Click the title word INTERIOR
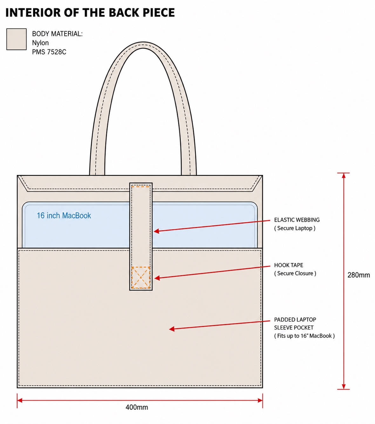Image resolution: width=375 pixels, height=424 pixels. pyautogui.click(x=33, y=12)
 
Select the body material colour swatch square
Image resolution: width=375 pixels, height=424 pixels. pyautogui.click(x=16, y=39)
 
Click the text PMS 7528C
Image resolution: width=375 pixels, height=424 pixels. pyautogui.click(x=49, y=52)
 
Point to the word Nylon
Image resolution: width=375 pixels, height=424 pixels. pyautogui.click(x=40, y=43)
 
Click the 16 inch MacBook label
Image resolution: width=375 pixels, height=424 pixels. pyautogui.click(x=64, y=215)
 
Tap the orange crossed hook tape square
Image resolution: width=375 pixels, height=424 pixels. pyautogui.click(x=140, y=277)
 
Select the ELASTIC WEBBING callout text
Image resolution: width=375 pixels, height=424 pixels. pyautogui.click(x=297, y=220)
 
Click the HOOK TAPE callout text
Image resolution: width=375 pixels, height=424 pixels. pyautogui.click(x=289, y=265)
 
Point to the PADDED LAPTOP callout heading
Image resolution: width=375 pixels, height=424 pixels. pyautogui.click(x=295, y=320)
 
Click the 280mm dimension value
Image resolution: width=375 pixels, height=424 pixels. pyautogui.click(x=358, y=275)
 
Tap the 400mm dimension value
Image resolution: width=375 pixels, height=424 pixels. pyautogui.click(x=137, y=407)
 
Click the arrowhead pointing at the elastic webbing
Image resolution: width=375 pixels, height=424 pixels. pyautogui.click(x=156, y=231)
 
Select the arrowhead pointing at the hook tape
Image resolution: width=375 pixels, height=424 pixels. pyautogui.click(x=157, y=278)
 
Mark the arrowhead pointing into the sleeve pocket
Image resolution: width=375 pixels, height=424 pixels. pyautogui.click(x=172, y=329)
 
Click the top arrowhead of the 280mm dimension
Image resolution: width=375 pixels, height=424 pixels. pyautogui.click(x=344, y=175)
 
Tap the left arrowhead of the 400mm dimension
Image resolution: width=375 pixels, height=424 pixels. pyautogui.click(x=20, y=400)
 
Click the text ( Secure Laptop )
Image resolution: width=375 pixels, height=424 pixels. pyautogui.click(x=295, y=228)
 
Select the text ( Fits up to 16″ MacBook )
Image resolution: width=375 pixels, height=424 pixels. pyautogui.click(x=304, y=336)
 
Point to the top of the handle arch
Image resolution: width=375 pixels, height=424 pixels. pyautogui.click(x=143, y=45)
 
